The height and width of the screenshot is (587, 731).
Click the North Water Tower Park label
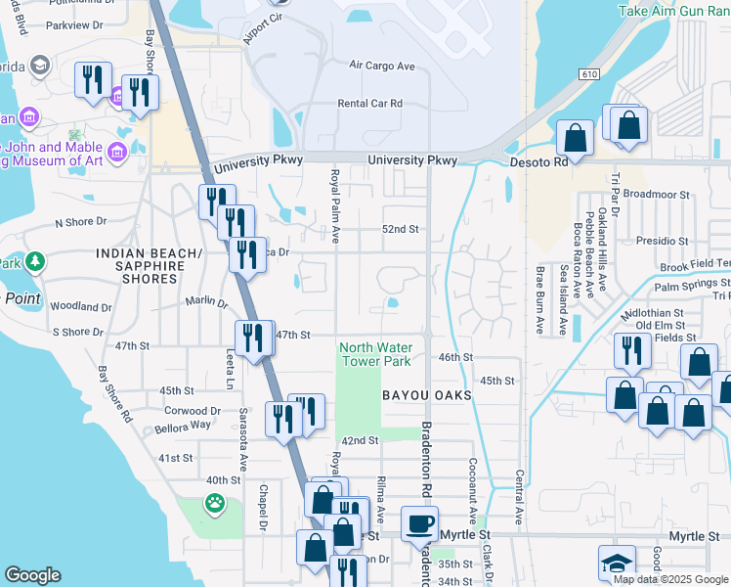(375, 354)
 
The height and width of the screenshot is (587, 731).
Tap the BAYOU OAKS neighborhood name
(426, 395)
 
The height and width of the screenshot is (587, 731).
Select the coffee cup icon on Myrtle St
(419, 523)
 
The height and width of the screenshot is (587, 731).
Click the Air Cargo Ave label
(382, 66)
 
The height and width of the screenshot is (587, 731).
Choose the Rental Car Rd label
(369, 103)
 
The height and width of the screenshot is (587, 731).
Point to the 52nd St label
(400, 230)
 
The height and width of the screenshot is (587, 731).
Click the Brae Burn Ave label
(538, 300)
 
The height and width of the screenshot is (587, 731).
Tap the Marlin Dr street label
(206, 303)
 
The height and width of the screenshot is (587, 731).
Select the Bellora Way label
(182, 427)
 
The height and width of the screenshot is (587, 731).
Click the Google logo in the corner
(32, 575)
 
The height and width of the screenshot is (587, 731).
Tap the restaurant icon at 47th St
(252, 338)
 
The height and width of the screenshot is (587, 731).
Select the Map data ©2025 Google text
(669, 579)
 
